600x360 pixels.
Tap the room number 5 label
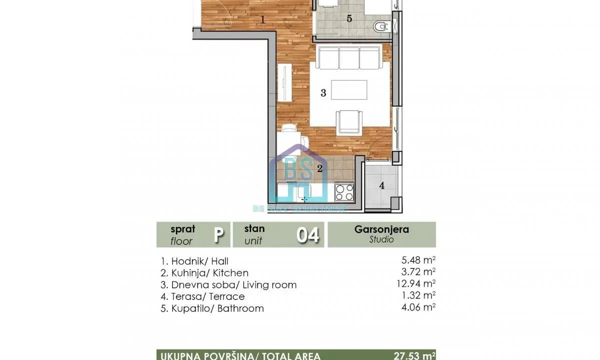click(349, 19)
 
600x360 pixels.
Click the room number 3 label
click(323, 93)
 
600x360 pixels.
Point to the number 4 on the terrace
click(382, 186)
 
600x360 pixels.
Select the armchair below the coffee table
click(346, 122)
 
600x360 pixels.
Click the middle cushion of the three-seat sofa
click(349, 58)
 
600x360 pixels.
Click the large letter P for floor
click(218, 235)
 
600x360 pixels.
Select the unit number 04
click(307, 235)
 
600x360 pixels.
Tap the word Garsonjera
click(381, 229)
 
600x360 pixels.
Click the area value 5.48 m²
click(415, 261)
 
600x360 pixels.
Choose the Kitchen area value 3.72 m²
click(415, 273)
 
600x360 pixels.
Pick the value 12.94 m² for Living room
click(413, 285)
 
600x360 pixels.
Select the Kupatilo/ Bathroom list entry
click(212, 308)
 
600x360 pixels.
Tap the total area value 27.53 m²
click(413, 355)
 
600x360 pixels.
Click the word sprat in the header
click(183, 229)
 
